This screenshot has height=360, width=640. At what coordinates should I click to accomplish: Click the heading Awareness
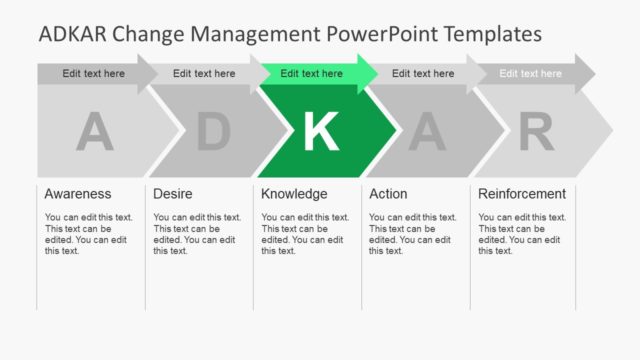click(x=78, y=194)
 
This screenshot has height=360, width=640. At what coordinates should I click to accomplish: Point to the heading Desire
click(x=174, y=194)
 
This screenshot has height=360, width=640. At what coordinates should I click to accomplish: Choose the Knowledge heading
click(x=294, y=194)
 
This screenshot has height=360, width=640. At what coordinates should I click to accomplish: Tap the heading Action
click(x=388, y=194)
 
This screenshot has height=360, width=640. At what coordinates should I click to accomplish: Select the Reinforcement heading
click(x=522, y=194)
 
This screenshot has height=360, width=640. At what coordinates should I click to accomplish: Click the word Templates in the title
click(x=490, y=35)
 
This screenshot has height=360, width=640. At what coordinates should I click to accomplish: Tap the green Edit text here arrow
click(x=312, y=73)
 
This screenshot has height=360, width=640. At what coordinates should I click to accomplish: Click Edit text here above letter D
click(x=204, y=73)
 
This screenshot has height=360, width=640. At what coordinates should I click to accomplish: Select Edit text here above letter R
click(x=530, y=73)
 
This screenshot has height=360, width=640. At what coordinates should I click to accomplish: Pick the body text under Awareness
click(x=88, y=234)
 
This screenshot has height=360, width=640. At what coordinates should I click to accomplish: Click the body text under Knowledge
click(x=305, y=234)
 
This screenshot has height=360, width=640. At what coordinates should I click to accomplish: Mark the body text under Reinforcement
click(x=522, y=234)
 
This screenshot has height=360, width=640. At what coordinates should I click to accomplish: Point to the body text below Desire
click(x=197, y=234)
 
